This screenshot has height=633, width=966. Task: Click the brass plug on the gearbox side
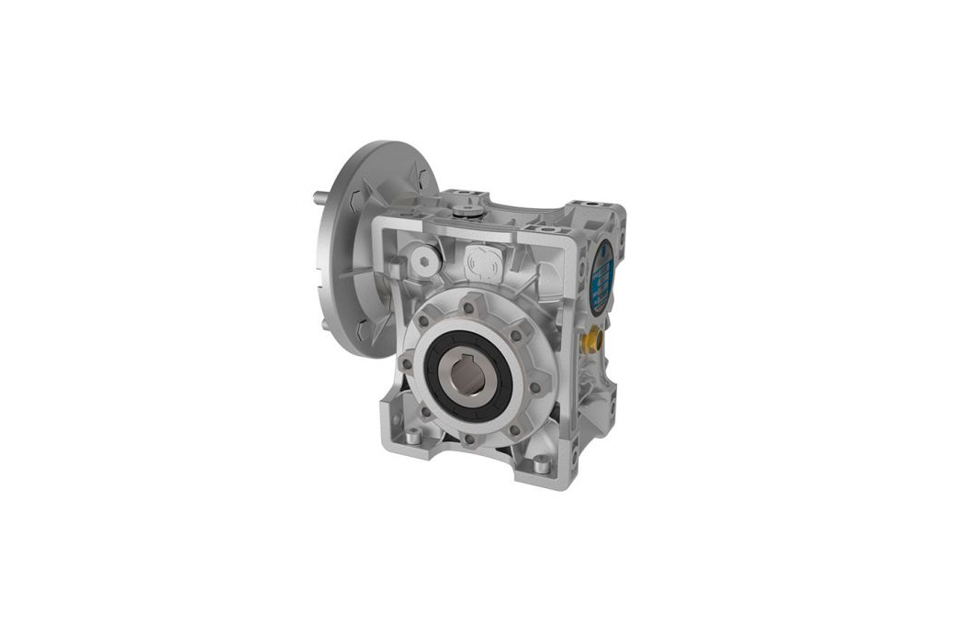(x=588, y=342)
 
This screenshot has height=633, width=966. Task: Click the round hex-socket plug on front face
(x=424, y=260)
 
